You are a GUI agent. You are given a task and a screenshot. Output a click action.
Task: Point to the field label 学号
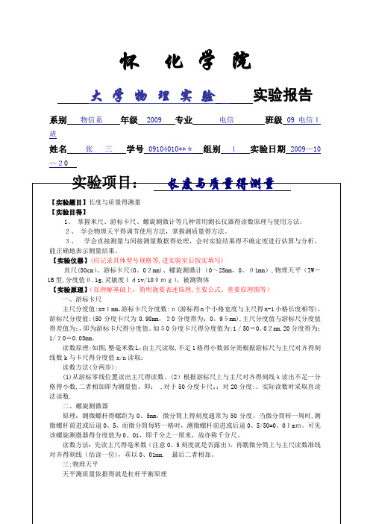(134, 149)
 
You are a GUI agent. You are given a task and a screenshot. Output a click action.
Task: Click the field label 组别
(212, 149)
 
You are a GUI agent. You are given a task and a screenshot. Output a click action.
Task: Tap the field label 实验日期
(270, 149)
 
